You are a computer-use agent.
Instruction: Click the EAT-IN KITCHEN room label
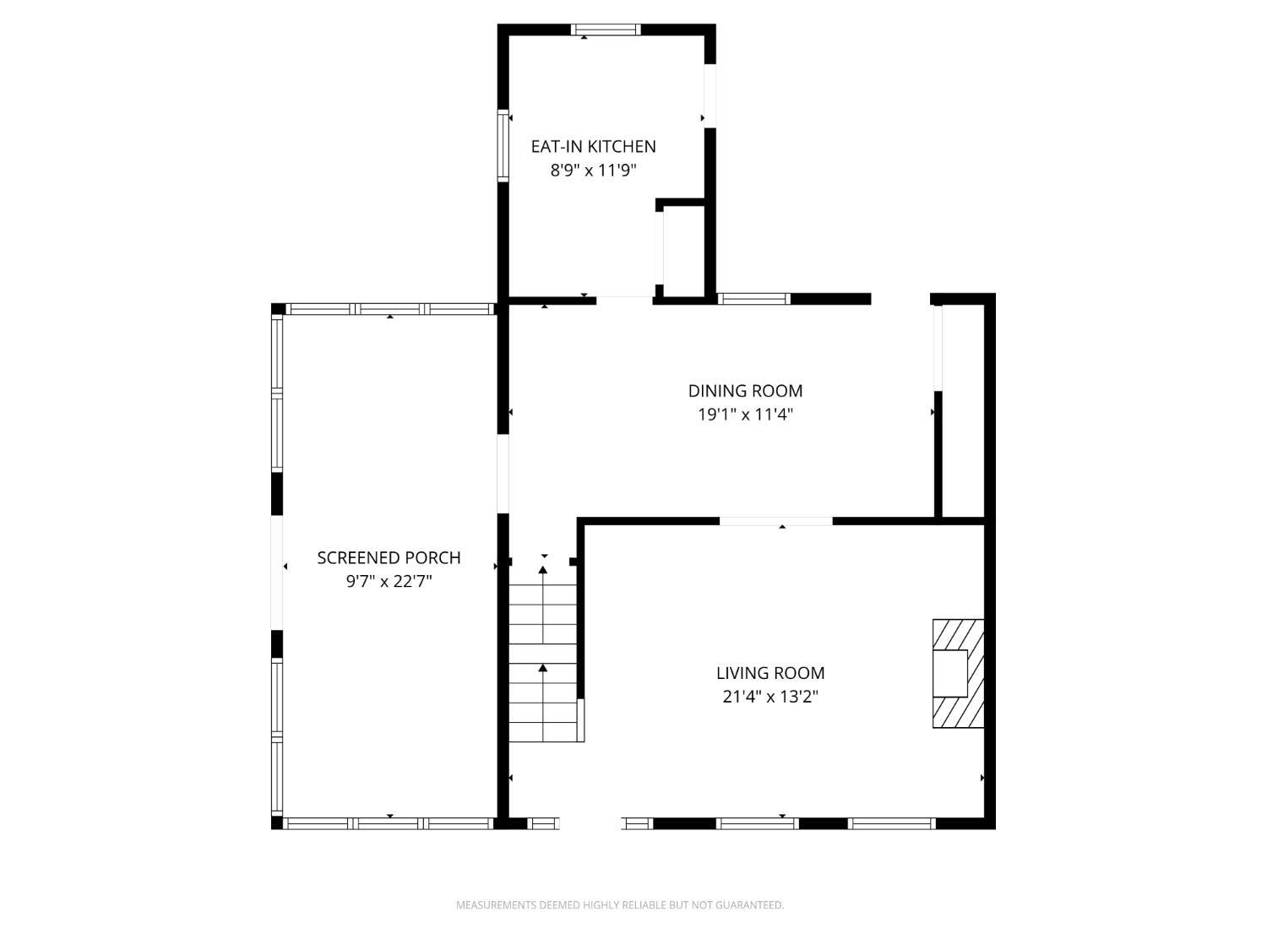pyautogui.click(x=594, y=146)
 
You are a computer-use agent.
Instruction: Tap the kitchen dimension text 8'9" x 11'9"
pyautogui.click(x=594, y=171)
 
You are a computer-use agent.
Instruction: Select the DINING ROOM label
pyautogui.click(x=745, y=391)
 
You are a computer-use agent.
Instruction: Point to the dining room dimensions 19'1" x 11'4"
pyautogui.click(x=745, y=415)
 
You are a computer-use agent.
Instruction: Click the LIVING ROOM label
pyautogui.click(x=770, y=673)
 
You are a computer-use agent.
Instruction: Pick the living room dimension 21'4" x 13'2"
pyautogui.click(x=770, y=697)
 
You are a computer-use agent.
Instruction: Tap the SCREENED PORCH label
pyautogui.click(x=389, y=558)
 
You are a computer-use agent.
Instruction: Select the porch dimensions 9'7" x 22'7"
pyautogui.click(x=389, y=582)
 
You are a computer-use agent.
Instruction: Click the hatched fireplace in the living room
pyautogui.click(x=958, y=673)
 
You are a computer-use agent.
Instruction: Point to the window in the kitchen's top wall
pyautogui.click(x=606, y=30)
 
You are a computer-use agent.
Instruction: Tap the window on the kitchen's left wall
pyautogui.click(x=503, y=145)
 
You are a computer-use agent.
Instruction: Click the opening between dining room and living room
pyautogui.click(x=775, y=521)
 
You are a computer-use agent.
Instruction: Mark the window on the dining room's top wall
pyautogui.click(x=753, y=299)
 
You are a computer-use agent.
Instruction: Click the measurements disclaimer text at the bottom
pyautogui.click(x=620, y=905)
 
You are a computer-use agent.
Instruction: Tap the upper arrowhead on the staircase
pyautogui.click(x=542, y=570)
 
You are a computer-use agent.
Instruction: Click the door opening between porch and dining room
pyautogui.click(x=503, y=474)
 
